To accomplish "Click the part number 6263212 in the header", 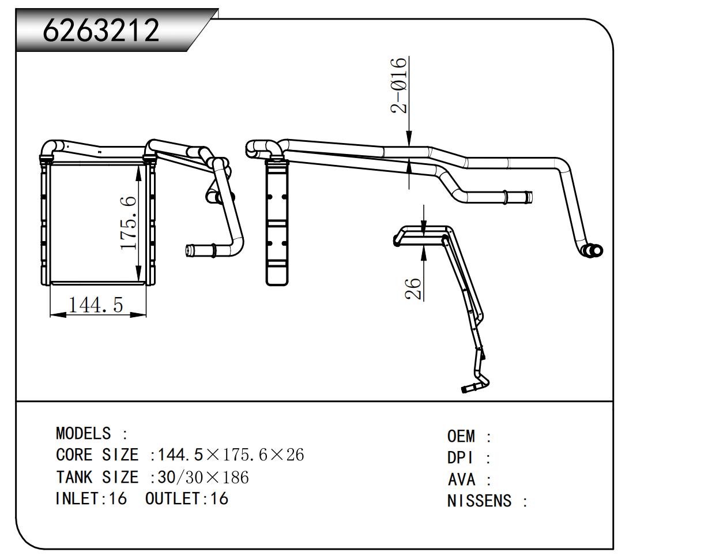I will [101, 30].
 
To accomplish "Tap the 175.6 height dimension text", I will [129, 223].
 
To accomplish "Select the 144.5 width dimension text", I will [96, 304].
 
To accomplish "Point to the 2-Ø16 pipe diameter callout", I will [400, 85].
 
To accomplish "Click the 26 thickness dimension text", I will [413, 288].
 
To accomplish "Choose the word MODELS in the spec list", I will [83, 433].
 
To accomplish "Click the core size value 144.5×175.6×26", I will [231, 455].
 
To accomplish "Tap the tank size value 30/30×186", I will [203, 477].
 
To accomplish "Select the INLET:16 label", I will [91, 498].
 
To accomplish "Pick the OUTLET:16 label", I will [187, 498].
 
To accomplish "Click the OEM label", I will [461, 436].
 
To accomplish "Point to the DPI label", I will [461, 458].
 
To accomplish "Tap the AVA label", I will [462, 479].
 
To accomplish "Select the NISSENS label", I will [479, 501].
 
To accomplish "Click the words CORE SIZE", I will [97, 455].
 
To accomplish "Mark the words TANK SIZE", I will [97, 477].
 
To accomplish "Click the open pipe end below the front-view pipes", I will [191, 250].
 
